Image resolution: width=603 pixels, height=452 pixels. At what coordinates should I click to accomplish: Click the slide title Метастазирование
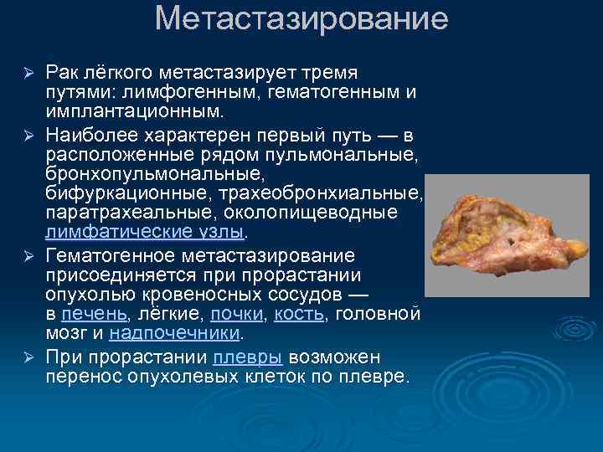coord(301,18)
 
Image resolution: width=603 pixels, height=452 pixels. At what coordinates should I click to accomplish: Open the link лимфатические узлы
coord(144,232)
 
